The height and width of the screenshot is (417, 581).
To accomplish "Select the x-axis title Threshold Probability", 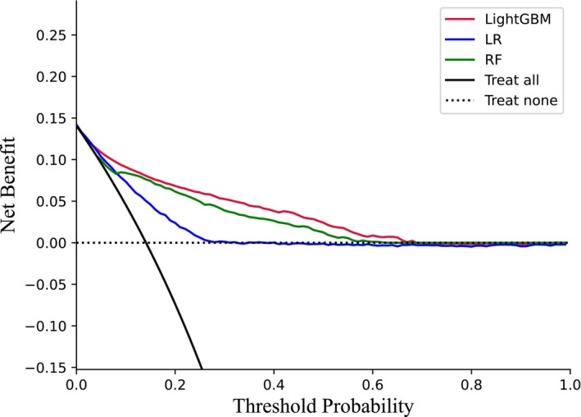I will [x=321, y=405].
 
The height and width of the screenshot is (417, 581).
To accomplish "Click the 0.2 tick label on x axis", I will [x=175, y=383].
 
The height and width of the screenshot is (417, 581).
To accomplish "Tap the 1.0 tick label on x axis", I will [x=570, y=383].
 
